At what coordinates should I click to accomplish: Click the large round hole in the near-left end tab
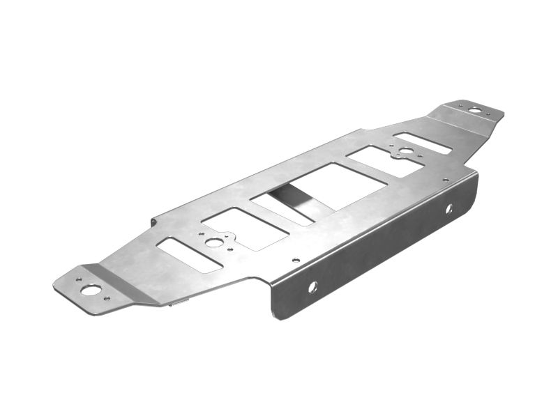tap(90, 290)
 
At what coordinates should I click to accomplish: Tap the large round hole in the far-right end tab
tap(474, 110)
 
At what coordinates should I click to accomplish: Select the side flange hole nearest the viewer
tap(312, 286)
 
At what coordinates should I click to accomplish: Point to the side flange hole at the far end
tap(448, 208)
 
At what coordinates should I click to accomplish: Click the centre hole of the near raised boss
tap(215, 242)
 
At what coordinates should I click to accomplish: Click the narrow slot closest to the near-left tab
tap(190, 254)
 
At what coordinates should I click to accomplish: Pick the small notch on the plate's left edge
tap(153, 222)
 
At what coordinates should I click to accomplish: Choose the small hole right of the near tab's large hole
tap(107, 299)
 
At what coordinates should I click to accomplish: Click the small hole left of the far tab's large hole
tap(461, 105)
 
